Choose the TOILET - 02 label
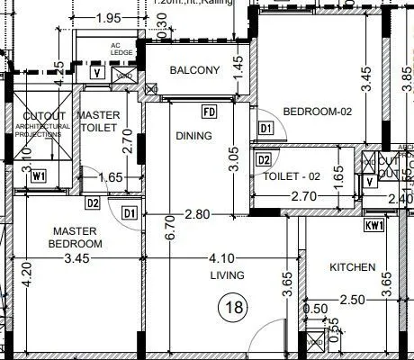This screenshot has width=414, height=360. pyautogui.click(x=291, y=176)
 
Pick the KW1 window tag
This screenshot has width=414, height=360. pyautogui.click(x=374, y=226)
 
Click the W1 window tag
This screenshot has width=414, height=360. pyautogui.click(x=39, y=175)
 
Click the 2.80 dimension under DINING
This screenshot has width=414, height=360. pyautogui.click(x=196, y=215)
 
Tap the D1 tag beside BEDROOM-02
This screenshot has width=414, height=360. pyautogui.click(x=265, y=129)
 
